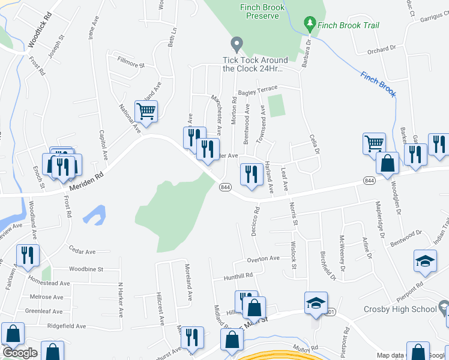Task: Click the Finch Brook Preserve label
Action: click(262, 11)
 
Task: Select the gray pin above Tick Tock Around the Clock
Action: click(237, 44)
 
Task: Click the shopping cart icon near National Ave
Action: click(146, 111)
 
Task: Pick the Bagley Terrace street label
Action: click(258, 91)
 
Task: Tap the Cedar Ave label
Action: click(82, 251)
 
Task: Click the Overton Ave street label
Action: click(264, 259)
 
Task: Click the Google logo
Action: click(19, 353)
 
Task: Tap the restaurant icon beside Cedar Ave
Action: click(28, 256)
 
